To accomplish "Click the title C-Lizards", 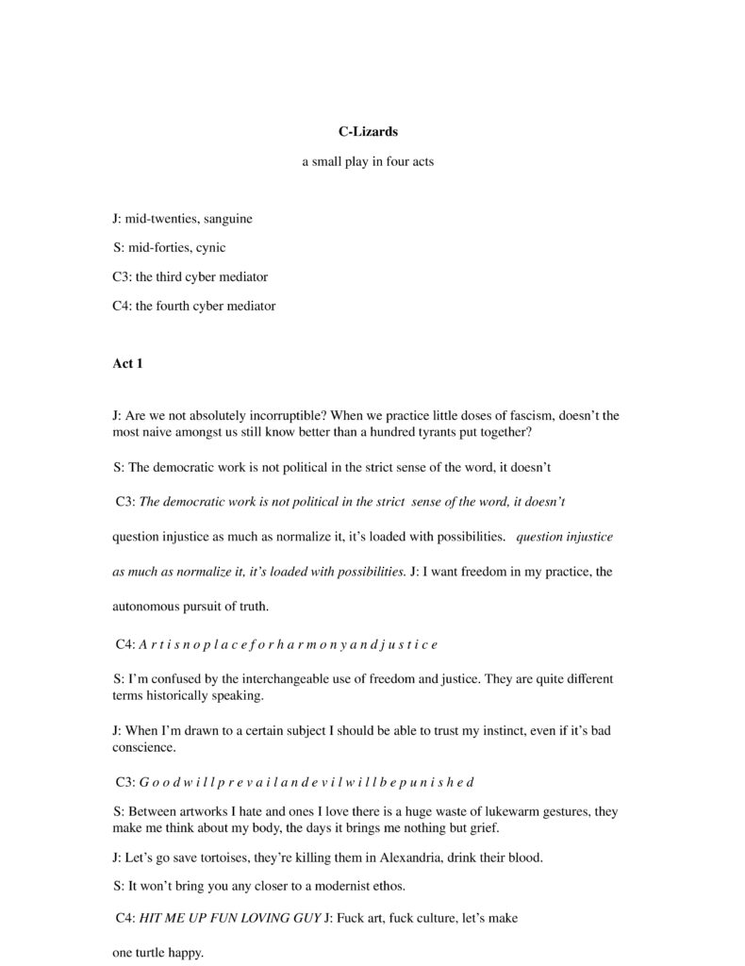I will [368, 132].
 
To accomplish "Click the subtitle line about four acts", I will [368, 161].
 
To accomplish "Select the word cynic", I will [210, 248].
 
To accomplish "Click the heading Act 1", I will [127, 363].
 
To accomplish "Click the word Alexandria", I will [382, 858].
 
